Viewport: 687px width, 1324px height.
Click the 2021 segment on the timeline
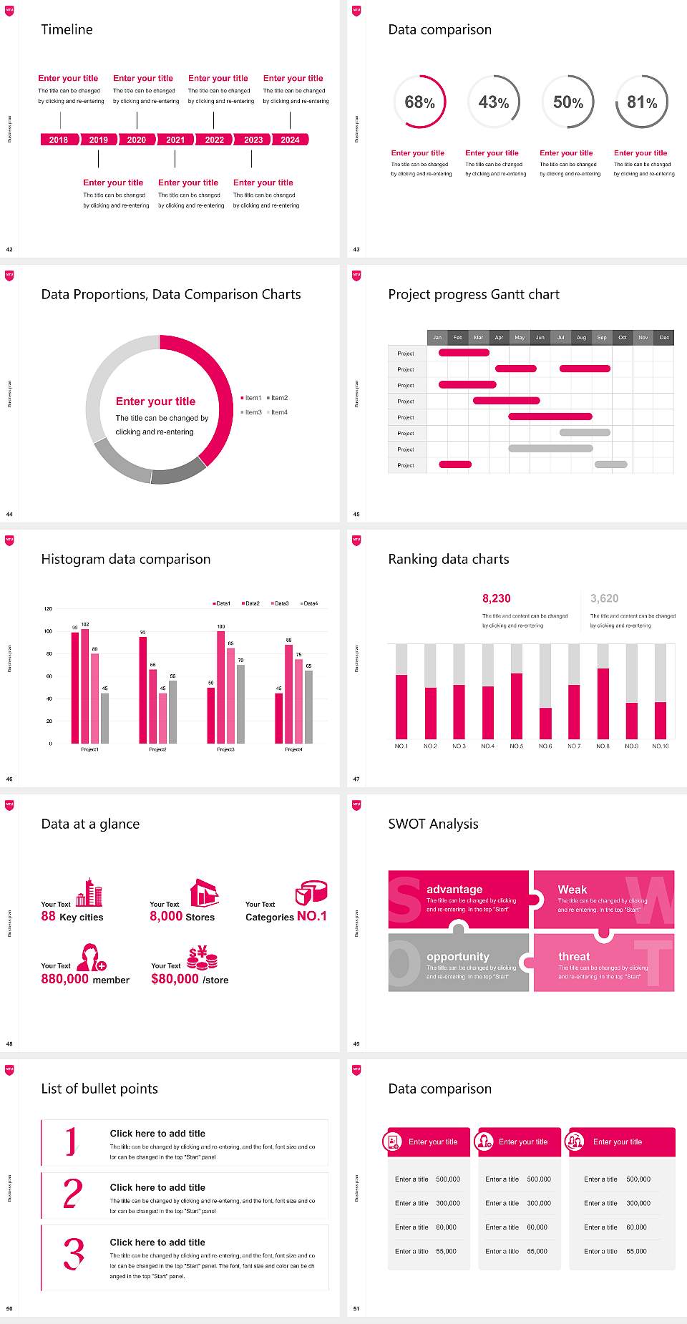(175, 140)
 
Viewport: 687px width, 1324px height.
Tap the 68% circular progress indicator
(419, 102)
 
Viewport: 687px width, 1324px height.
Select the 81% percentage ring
(642, 102)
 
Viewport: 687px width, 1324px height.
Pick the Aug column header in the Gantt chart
(581, 337)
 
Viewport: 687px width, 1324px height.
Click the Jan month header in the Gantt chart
(437, 337)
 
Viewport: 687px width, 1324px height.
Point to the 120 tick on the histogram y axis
(48, 609)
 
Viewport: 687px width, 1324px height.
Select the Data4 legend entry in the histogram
(309, 603)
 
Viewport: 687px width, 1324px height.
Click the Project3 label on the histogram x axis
(225, 749)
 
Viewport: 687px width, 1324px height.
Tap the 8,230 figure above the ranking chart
(496, 598)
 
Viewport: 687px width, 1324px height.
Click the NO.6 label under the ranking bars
(545, 746)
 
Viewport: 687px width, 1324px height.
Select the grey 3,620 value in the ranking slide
(604, 598)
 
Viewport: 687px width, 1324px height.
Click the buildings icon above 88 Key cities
(89, 892)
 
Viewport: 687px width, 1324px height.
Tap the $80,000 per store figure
(175, 979)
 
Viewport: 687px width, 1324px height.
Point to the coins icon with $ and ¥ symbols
(202, 957)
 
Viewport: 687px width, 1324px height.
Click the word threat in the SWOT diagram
(574, 956)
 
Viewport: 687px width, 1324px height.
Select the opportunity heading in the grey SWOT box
(458, 956)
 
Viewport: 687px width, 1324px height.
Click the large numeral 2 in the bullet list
(72, 1194)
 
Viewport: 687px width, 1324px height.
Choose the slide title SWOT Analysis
(433, 824)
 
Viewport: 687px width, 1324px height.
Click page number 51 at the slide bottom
(356, 1308)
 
